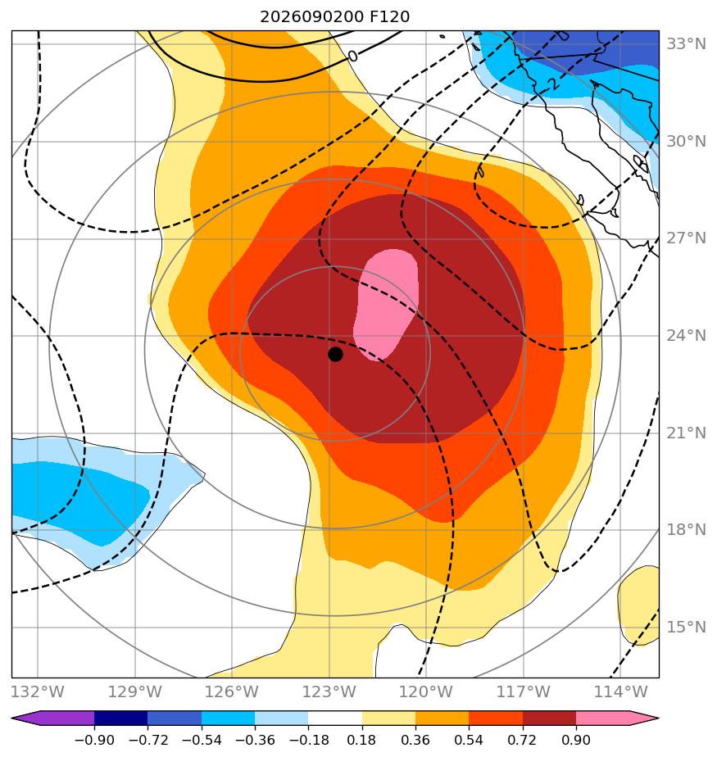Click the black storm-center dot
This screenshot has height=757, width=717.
click(335, 355)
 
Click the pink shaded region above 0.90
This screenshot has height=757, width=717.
click(386, 305)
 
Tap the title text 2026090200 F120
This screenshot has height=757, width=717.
click(334, 17)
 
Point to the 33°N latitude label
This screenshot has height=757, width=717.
click(686, 44)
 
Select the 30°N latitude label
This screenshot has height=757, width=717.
click(686, 142)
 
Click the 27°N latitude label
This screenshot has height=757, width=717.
click(686, 238)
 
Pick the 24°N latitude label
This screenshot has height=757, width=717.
click(686, 336)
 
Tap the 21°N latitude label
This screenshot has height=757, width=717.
click(686, 433)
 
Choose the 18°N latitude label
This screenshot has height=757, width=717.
click(686, 529)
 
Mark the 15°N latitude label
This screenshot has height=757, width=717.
click(686, 627)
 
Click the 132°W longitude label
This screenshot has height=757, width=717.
click(38, 691)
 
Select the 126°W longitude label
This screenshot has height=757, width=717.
click(232, 691)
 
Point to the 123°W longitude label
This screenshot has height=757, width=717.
click(329, 691)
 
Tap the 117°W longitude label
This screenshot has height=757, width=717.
click(524, 691)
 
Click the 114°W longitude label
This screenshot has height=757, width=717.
click(620, 691)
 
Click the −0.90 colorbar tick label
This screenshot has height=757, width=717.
click(94, 740)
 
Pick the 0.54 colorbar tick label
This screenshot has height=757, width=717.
click(469, 740)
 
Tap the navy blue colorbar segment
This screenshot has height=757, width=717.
click(120, 718)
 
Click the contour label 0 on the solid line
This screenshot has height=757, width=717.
click(353, 57)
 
